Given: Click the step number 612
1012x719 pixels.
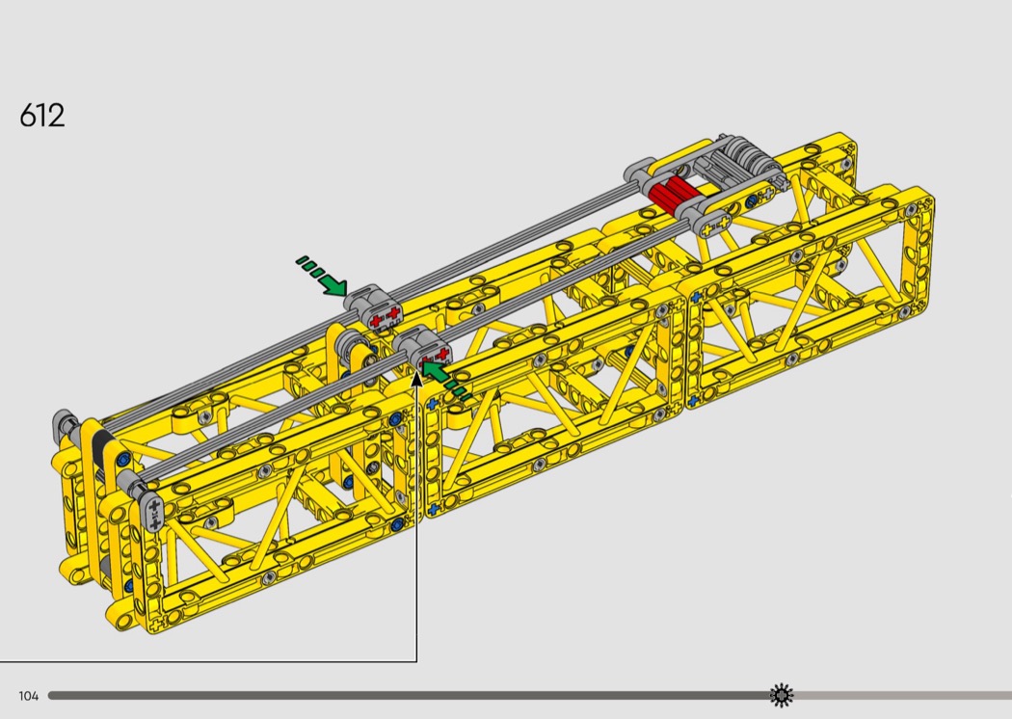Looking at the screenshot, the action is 42,116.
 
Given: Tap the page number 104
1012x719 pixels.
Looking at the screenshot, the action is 28,696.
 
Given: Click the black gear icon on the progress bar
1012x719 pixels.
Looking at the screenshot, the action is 781,695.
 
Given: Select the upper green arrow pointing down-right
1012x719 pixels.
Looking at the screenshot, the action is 322,277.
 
